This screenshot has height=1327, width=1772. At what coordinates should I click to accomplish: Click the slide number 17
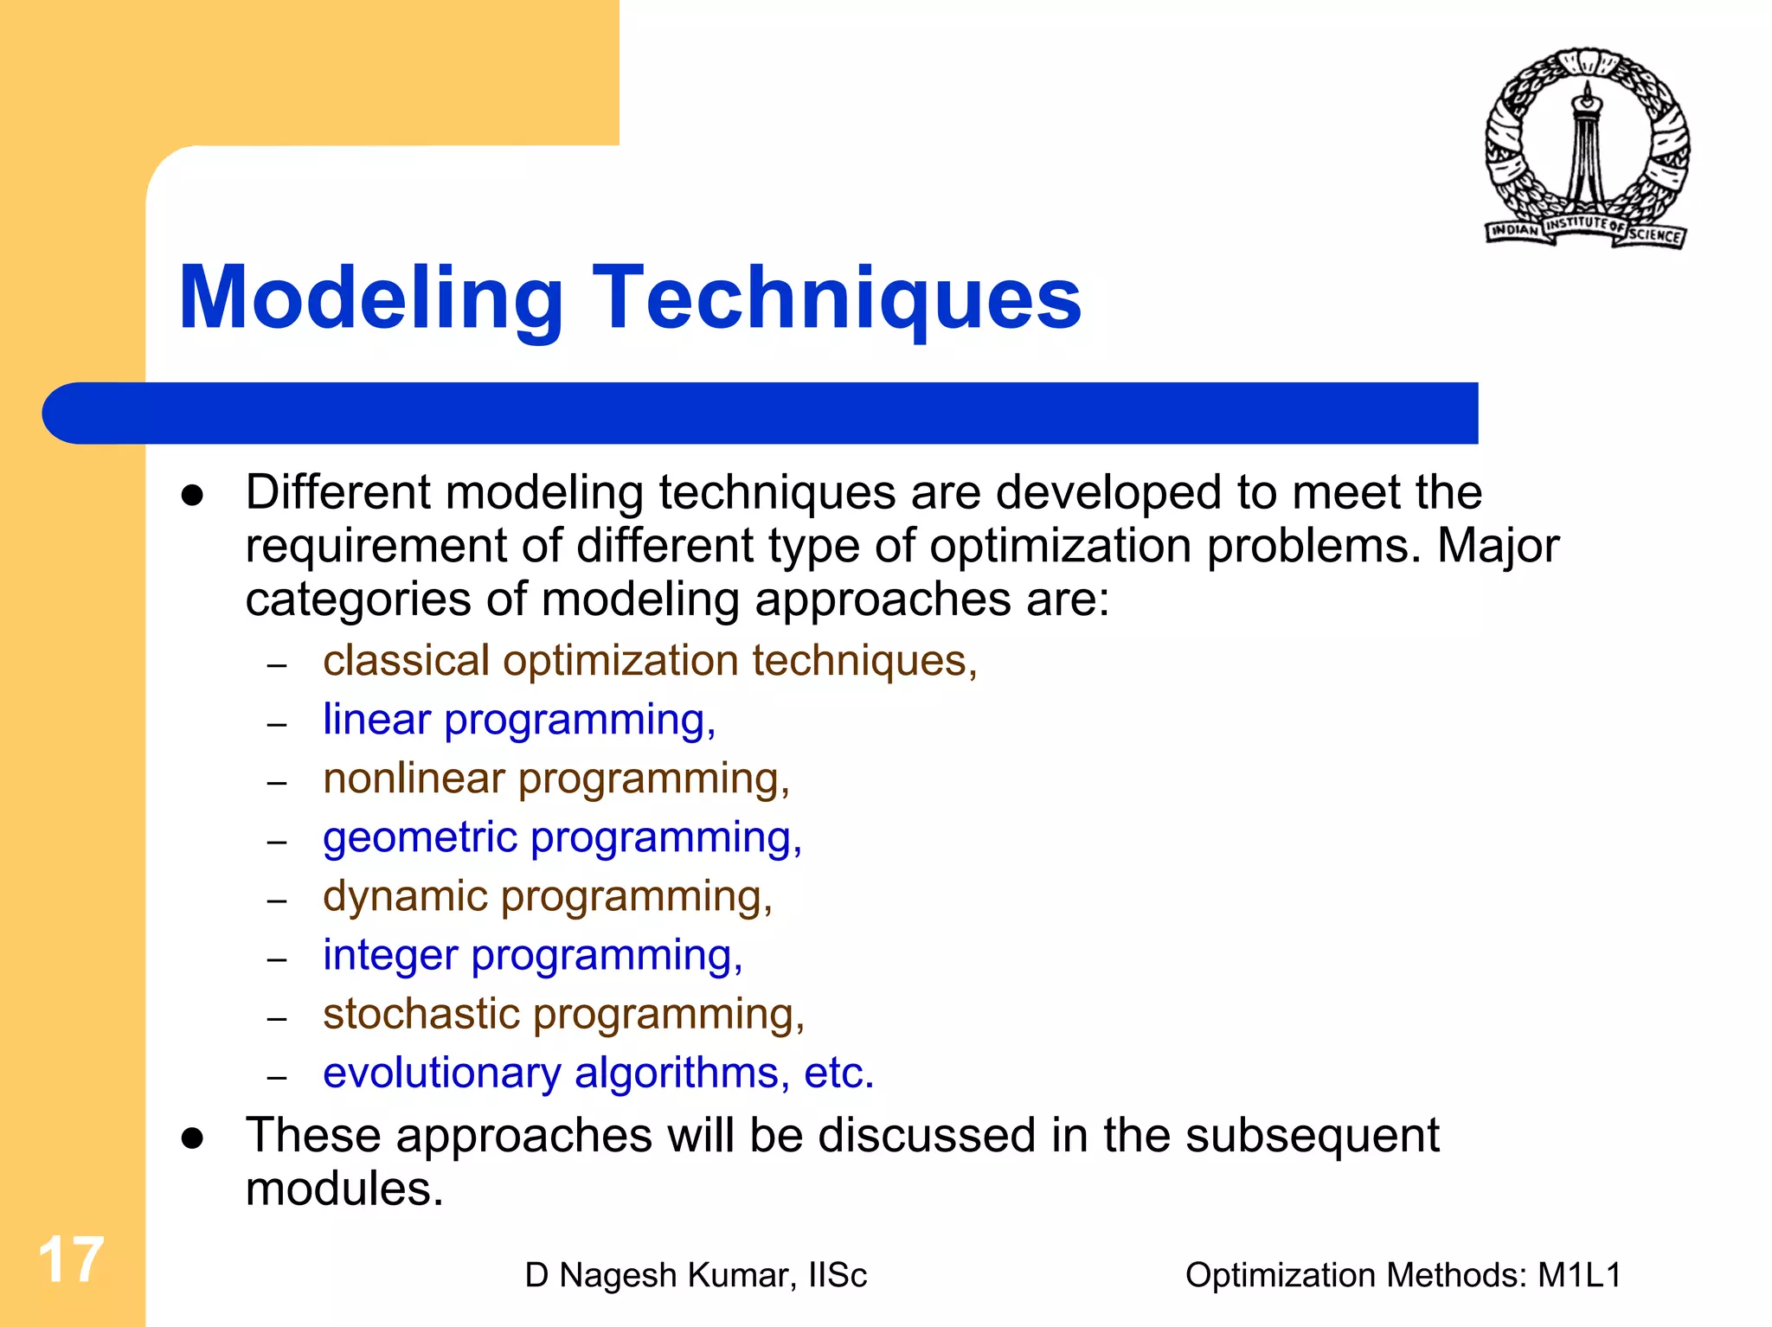[71, 1260]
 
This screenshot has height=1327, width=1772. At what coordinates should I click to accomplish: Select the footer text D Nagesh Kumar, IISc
[696, 1275]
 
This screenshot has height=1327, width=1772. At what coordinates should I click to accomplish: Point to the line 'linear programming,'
[519, 720]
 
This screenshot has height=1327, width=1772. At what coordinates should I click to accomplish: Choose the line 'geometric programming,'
[562, 837]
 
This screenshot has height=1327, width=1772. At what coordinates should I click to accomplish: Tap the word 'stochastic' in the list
[421, 1014]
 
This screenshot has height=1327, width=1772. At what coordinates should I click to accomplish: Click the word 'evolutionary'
[441, 1073]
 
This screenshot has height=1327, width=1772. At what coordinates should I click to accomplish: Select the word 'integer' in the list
[390, 956]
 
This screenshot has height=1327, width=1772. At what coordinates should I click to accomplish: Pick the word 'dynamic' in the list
[405, 896]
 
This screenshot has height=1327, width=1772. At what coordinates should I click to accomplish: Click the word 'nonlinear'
[414, 779]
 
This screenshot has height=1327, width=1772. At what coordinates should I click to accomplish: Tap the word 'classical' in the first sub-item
[406, 661]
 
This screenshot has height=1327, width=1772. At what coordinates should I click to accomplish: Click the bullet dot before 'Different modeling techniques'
[192, 496]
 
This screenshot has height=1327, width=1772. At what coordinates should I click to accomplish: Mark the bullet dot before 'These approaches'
[192, 1138]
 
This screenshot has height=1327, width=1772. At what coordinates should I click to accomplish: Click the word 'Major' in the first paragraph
[1498, 546]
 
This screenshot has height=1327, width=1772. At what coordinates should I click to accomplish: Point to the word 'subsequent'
[1312, 1135]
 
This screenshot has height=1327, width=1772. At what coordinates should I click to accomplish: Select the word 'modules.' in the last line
[344, 1189]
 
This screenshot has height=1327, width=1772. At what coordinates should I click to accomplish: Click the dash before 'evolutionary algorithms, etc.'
[276, 1077]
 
